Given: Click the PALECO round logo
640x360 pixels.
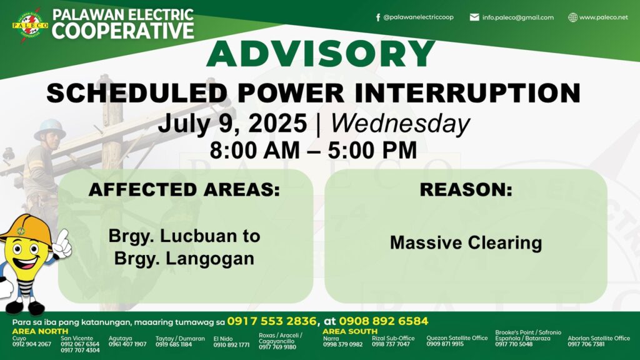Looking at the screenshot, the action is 30,25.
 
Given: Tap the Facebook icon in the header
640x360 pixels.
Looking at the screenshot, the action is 378,17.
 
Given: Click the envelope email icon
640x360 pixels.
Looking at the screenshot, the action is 474,17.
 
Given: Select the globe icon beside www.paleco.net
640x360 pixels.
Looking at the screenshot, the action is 573,17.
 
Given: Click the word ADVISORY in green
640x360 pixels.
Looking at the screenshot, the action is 321,54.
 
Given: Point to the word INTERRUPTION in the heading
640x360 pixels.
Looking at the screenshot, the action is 467,93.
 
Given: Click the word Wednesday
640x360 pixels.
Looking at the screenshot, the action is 401,124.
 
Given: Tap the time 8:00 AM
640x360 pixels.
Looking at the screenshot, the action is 255,150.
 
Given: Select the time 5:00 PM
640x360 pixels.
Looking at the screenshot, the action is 372,150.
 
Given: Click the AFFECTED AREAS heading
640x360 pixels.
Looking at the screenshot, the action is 184,189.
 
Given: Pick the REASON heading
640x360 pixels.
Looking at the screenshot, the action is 466,189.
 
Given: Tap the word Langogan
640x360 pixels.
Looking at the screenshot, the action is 210,259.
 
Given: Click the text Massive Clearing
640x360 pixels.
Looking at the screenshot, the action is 466,242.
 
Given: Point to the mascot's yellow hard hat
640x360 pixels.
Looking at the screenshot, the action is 25,229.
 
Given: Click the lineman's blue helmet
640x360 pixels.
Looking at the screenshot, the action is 50,129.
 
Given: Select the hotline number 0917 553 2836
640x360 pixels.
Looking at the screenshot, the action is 272,321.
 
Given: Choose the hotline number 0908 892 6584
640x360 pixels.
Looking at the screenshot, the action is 384,321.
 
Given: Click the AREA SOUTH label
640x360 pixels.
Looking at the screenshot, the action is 350,331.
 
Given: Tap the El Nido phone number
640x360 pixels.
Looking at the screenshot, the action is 231,345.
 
